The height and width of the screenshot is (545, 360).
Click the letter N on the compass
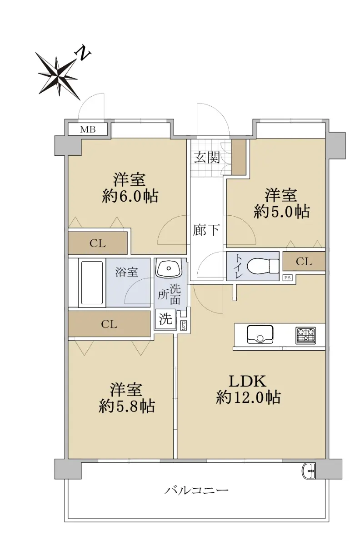tap(83, 53)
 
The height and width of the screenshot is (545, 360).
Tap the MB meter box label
tap(88, 129)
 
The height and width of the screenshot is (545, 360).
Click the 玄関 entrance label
tap(207, 158)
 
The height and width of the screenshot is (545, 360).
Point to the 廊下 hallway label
tap(206, 230)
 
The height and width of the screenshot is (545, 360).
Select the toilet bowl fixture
tap(263, 266)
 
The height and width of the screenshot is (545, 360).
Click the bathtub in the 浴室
tap(91, 282)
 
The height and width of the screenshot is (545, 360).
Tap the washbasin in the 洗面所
tap(169, 268)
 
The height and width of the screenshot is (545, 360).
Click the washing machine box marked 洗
tap(165, 319)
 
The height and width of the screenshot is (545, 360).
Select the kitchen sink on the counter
tap(260, 335)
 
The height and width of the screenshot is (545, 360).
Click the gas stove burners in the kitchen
tap(306, 336)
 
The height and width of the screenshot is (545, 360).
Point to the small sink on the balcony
tap(309, 471)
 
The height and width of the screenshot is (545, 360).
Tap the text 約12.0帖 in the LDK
tap(248, 397)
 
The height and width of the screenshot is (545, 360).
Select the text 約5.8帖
tap(127, 406)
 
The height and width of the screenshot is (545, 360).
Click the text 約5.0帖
tap(282, 212)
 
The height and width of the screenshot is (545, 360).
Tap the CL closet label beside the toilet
tap(304, 262)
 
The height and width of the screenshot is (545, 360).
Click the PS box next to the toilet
tap(288, 278)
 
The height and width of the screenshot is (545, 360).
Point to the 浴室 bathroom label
tap(127, 272)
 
